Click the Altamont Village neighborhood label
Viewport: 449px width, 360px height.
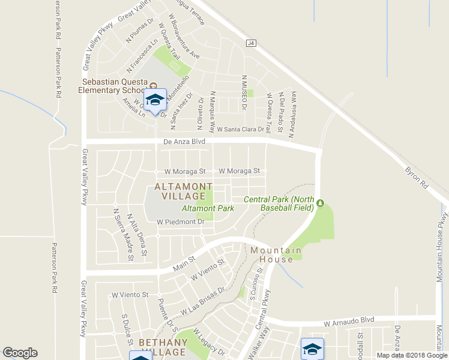[x=182, y=192]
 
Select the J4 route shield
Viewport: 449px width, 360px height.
[x=251, y=43]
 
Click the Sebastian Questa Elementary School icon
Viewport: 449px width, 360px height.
[x=155, y=100]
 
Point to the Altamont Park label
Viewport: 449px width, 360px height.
[x=208, y=209]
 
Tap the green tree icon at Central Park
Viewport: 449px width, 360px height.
[x=320, y=203]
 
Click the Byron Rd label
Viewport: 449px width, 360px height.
[x=417, y=178]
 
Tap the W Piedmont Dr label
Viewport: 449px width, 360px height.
[x=181, y=221]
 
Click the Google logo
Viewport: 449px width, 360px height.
[x=20, y=353]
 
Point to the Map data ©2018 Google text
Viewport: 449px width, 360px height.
[x=412, y=355]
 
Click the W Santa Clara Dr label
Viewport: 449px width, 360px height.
[x=240, y=130]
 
